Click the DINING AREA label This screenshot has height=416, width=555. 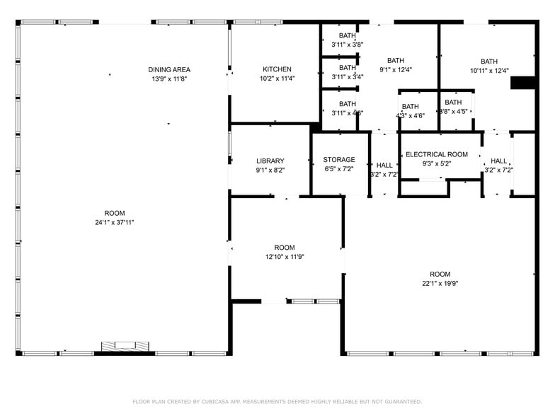169,69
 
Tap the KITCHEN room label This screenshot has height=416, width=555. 277,69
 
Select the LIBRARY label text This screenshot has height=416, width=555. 270,161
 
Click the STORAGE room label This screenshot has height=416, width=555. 339,160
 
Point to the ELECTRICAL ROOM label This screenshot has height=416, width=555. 437,154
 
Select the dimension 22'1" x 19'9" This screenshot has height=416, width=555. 440,284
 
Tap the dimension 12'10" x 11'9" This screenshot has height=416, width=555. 285,257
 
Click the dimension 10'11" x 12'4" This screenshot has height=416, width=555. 489,70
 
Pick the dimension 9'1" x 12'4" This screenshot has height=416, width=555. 396,70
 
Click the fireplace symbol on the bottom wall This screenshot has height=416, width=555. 126,346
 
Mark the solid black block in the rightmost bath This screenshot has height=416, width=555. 523,83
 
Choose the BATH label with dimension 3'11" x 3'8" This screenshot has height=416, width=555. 348,35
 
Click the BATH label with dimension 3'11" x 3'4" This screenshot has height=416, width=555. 348,68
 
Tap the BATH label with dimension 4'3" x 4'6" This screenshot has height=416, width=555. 411,107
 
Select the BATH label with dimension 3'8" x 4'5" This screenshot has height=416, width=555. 453,103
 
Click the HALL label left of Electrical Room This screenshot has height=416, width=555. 384,165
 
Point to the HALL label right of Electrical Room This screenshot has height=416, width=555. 499,161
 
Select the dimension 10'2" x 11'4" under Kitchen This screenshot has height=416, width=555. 277,79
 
